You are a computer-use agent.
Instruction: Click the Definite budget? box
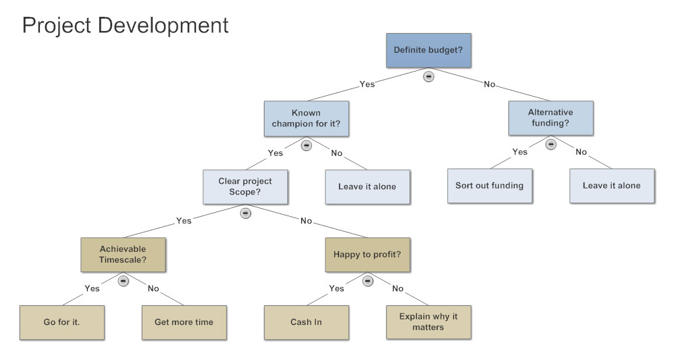tap(429, 51)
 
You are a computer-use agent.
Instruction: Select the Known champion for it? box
tap(306, 119)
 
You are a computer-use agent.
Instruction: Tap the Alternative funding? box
tap(550, 118)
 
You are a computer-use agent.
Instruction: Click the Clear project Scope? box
tap(245, 186)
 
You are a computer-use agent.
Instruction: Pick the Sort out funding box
tap(490, 186)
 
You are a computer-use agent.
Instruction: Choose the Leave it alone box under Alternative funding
tap(612, 186)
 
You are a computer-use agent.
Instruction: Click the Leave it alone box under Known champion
tap(367, 186)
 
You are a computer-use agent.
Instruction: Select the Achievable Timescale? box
tap(123, 255)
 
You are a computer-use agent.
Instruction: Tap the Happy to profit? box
tap(367, 255)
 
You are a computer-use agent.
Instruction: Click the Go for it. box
tap(62, 323)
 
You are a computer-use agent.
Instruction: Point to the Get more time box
tap(184, 323)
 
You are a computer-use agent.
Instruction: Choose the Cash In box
tap(306, 323)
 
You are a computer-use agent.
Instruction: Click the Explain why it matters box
tap(429, 323)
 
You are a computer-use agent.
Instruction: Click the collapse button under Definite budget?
tap(429, 76)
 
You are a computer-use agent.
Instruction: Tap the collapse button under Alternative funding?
tap(550, 145)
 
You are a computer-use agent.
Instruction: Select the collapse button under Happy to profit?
tap(367, 281)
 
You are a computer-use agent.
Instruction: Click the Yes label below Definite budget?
tap(367, 84)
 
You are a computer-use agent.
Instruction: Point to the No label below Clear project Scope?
tap(306, 221)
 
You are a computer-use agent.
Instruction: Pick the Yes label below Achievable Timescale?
tap(92, 288)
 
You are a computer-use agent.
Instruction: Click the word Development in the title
tap(163, 26)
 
